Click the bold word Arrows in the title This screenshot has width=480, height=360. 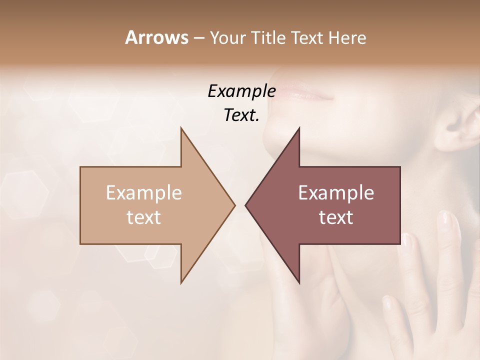click(156, 37)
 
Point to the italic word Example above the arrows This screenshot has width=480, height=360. click(241, 91)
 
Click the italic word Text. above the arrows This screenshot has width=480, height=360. click(241, 115)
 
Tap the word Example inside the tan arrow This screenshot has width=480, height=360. click(144, 193)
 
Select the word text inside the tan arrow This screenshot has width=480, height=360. click(144, 217)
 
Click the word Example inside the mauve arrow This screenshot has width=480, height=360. click(336, 193)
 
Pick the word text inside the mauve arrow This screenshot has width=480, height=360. click(336, 217)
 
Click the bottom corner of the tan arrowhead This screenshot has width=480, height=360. click(181, 282)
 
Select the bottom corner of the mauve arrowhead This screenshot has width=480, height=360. click(299, 282)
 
